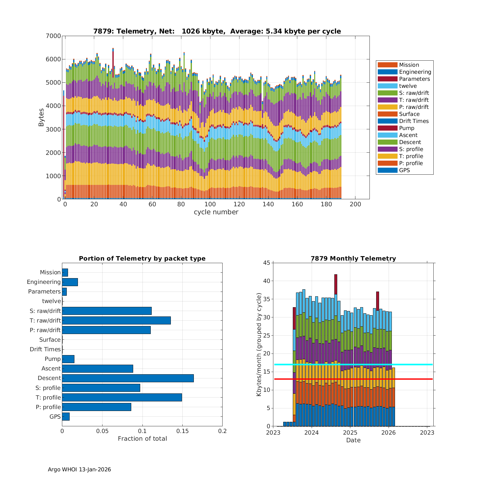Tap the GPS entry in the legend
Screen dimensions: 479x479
[x=404, y=170]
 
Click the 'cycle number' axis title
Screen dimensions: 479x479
[x=216, y=212]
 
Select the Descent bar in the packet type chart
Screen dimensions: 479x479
[x=128, y=378]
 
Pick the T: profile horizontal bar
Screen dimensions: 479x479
[x=122, y=397]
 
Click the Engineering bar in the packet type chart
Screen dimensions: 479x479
[x=70, y=282]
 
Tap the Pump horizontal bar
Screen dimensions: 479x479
[x=68, y=359]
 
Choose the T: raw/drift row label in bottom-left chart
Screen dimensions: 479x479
[x=45, y=320]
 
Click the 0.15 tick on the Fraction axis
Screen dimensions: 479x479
[x=182, y=431]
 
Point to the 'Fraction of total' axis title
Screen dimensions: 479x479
[x=142, y=439]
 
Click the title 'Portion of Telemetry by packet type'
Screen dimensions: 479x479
[x=142, y=259]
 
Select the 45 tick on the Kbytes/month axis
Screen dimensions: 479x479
[x=267, y=263]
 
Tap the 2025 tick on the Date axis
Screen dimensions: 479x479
[x=350, y=433]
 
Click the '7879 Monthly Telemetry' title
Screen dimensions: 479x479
[x=353, y=259]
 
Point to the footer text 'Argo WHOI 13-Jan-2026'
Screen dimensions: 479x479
[x=79, y=469]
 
